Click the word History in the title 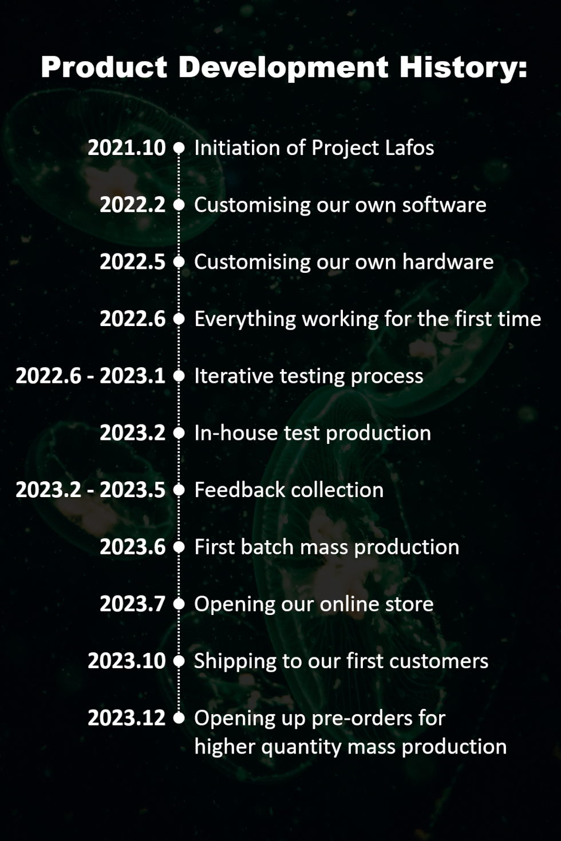463,68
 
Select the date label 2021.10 127,148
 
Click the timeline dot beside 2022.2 179,205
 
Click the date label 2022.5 133,261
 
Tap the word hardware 448,261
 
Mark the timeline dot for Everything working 179,319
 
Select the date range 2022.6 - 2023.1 90,376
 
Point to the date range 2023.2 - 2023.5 90,490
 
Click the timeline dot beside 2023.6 179,547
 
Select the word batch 267,547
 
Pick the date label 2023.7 133,604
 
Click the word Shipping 235,661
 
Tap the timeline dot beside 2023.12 179,718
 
